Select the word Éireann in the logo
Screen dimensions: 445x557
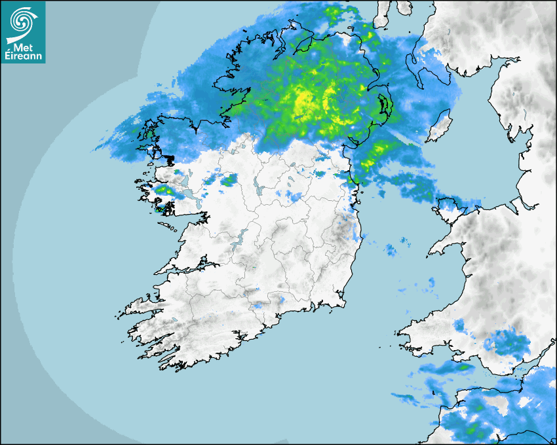24,55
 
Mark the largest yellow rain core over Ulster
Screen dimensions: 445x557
303,101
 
